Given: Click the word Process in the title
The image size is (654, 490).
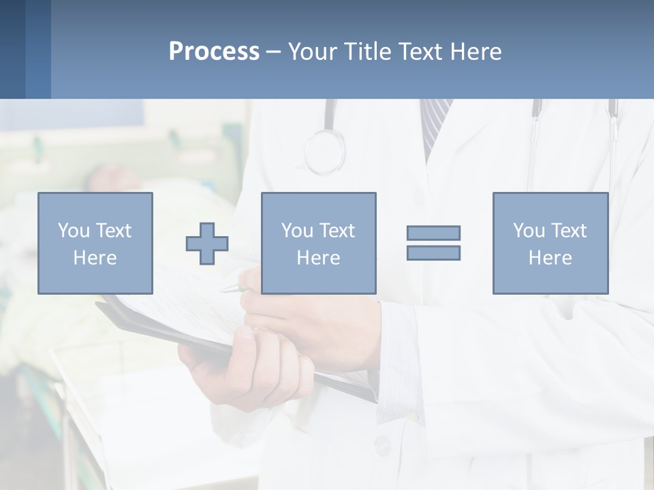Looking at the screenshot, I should pyautogui.click(x=214, y=52).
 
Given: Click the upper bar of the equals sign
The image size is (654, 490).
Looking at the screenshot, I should pyautogui.click(x=433, y=233).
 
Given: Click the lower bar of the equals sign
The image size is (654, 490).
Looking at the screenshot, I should pyautogui.click(x=433, y=252).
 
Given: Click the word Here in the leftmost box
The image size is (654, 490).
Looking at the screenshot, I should pyautogui.click(x=95, y=258).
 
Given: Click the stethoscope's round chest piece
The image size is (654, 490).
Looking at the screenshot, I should pyautogui.click(x=324, y=151).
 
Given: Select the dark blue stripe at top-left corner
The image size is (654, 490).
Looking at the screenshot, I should pyautogui.click(x=12, y=49).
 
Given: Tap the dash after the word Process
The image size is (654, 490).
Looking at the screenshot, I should pyautogui.click(x=273, y=52).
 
